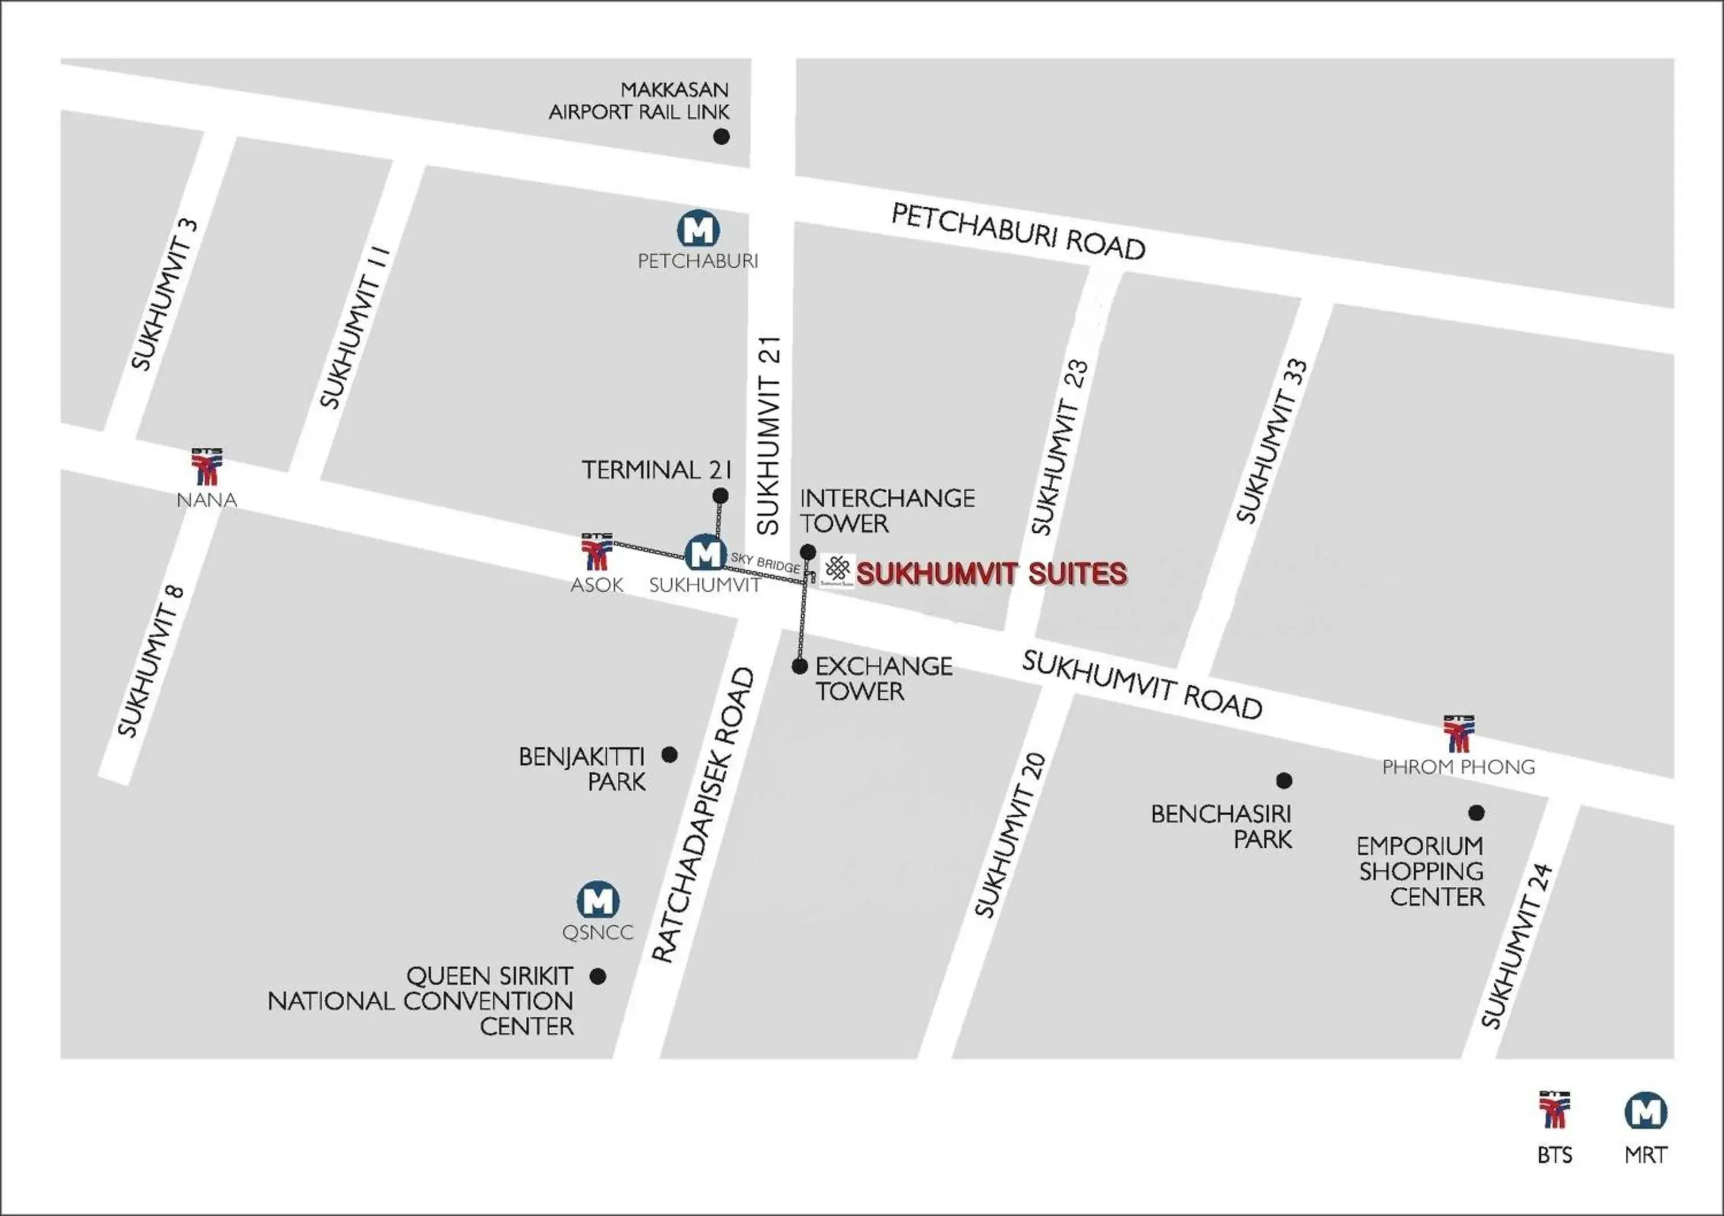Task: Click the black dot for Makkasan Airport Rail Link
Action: point(721,137)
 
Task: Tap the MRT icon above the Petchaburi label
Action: point(698,229)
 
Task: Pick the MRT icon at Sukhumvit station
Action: point(705,553)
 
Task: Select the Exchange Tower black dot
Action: point(800,666)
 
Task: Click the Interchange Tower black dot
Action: point(808,552)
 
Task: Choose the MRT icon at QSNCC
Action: point(598,901)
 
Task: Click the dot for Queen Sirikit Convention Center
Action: point(598,976)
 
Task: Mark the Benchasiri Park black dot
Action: point(1284,781)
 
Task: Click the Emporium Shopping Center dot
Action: point(1476,813)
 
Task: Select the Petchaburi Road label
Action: point(1017,232)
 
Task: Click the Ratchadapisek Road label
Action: point(703,815)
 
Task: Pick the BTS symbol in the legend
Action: point(1553,1110)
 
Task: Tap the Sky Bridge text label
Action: point(765,563)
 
